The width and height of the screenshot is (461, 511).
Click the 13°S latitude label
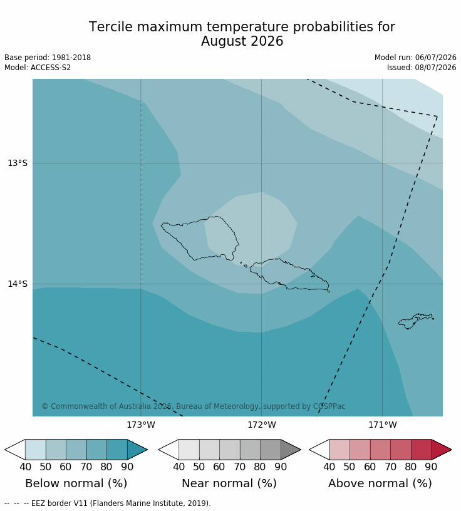(18, 163)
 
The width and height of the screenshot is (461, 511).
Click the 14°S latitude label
(18, 284)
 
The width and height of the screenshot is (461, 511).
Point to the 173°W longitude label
(141, 425)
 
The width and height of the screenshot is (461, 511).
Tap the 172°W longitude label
(262, 425)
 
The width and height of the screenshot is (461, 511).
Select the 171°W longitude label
(383, 425)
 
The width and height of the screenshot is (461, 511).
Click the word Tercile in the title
(111, 27)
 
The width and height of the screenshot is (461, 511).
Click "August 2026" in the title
(242, 41)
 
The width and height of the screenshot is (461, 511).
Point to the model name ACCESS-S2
(51, 68)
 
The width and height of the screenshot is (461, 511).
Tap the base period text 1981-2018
(71, 58)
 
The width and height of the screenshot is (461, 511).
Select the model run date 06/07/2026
(435, 58)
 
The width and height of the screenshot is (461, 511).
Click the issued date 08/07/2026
(435, 68)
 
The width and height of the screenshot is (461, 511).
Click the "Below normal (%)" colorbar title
(76, 483)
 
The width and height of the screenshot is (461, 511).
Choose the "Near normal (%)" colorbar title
(229, 483)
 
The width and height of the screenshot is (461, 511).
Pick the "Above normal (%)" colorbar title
(380, 483)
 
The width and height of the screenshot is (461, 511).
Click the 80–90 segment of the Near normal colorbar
(271, 450)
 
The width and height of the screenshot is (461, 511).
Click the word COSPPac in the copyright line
(329, 406)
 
